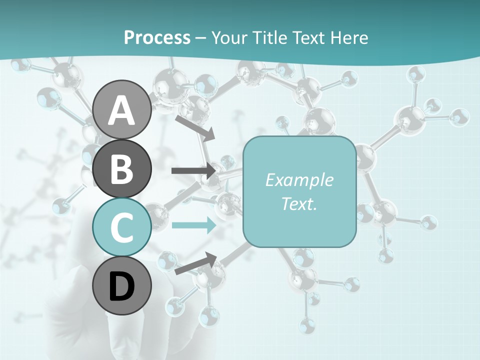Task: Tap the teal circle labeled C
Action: coord(121,227)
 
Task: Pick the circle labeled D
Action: coord(121,286)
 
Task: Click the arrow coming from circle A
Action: coord(195,127)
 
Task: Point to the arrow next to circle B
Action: coord(194,170)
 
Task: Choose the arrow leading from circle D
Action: coord(195,263)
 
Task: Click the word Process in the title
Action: coord(157,37)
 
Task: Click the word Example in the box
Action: coord(299,180)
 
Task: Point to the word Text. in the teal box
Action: coord(299,203)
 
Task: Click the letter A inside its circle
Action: coord(121,110)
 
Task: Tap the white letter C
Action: coord(121,228)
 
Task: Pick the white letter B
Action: coord(121,169)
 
